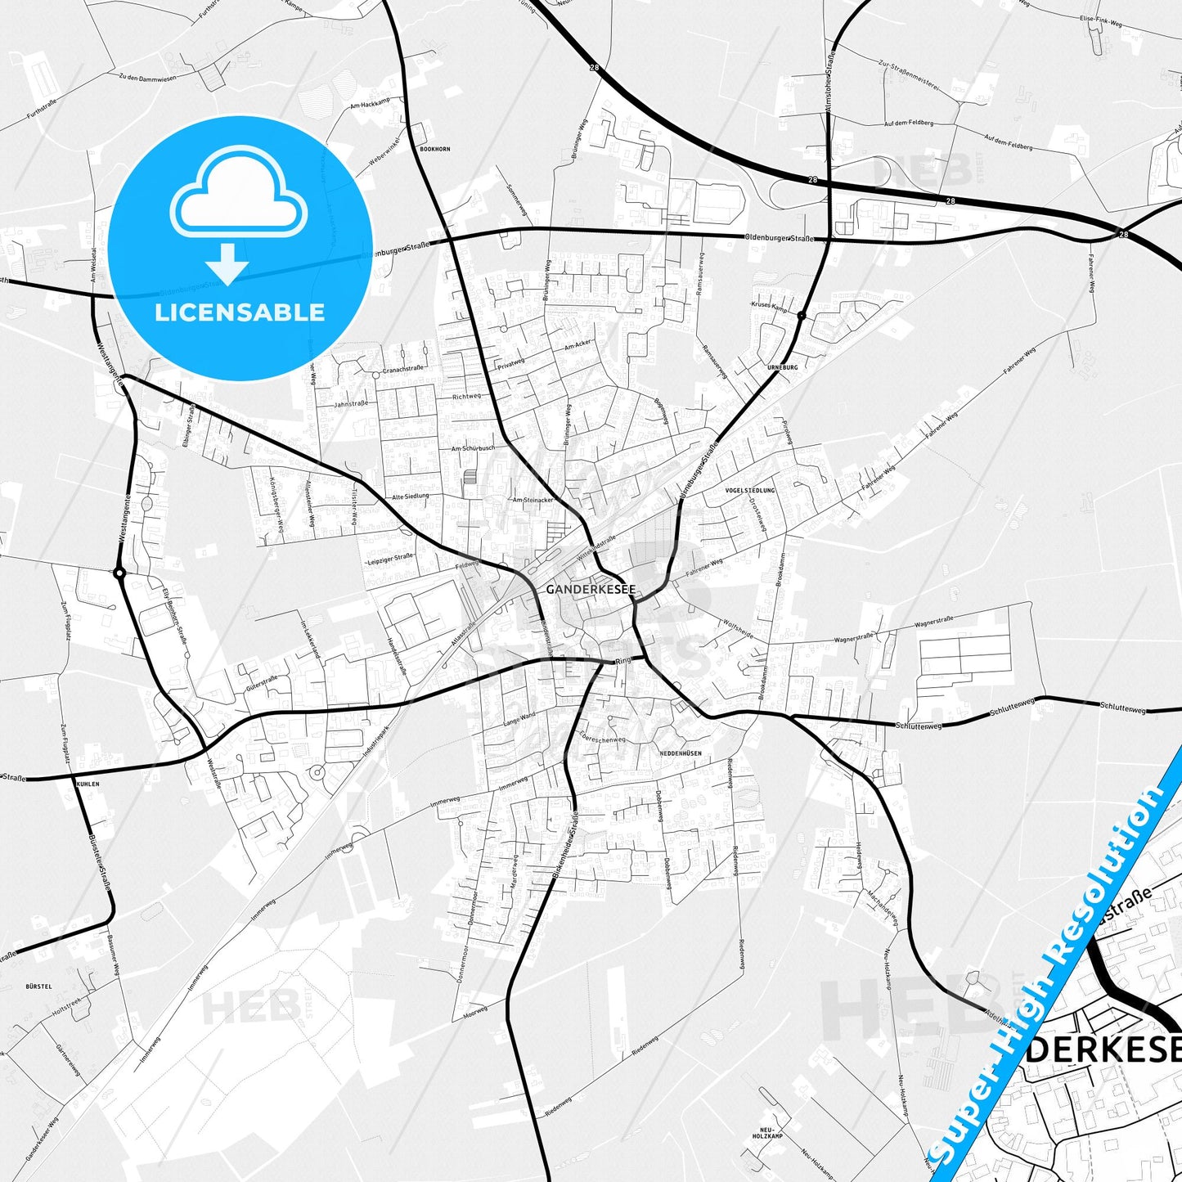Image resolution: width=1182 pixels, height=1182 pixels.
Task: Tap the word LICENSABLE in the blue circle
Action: coord(240,312)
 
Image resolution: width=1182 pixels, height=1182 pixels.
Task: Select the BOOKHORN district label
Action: coord(434,149)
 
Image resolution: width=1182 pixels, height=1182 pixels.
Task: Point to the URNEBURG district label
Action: coord(783,367)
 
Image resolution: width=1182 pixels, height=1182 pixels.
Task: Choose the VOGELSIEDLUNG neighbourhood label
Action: coord(749,490)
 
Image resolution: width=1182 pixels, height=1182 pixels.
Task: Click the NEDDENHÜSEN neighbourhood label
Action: coord(680,753)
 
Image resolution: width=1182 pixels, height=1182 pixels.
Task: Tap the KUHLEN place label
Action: coord(88,784)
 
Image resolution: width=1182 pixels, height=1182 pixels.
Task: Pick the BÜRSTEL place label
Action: coord(38,986)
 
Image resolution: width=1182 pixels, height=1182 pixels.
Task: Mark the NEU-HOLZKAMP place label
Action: coord(767,1134)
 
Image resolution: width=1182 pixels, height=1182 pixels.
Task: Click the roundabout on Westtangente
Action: coord(119,573)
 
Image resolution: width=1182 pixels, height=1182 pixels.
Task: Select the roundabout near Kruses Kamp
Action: coord(802,315)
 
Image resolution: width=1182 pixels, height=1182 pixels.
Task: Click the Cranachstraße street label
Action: coord(402,370)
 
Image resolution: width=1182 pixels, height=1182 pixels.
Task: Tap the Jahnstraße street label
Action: coord(351,404)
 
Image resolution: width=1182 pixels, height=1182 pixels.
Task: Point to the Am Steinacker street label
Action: coord(533,500)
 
